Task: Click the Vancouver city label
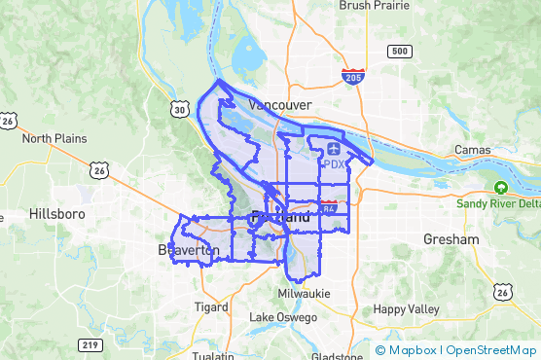[279, 104]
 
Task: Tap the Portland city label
[281, 217]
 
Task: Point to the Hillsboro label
[58, 213]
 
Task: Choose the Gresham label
[451, 238]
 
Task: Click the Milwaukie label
[304, 293]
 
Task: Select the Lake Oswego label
[283, 317]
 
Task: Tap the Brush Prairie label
[375, 6]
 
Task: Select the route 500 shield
[398, 51]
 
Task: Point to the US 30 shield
[179, 110]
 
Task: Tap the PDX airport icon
[334, 148]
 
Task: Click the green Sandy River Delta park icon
[500, 187]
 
